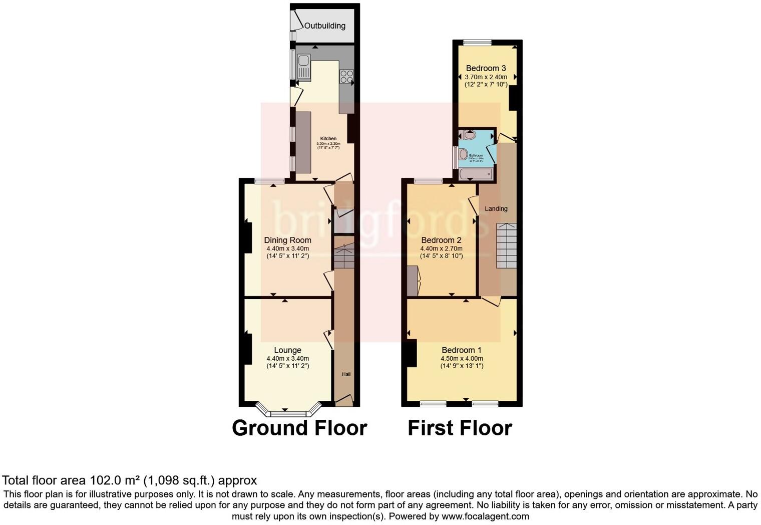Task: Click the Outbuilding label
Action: point(324,26)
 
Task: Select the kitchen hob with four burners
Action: point(346,77)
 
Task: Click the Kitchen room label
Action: point(328,139)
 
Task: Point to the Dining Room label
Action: point(287,240)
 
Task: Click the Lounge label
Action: point(287,350)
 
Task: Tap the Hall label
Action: point(346,374)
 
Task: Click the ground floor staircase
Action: point(343,255)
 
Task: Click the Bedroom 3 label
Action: point(486,68)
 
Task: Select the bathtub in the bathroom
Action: point(476,174)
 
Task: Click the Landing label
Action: point(496,208)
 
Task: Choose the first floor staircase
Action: point(506,245)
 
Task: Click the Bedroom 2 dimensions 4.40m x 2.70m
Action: point(441,248)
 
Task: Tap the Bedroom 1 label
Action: point(461,350)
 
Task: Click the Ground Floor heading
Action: point(299,428)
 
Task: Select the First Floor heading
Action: point(460,428)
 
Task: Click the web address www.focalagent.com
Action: point(485,516)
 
